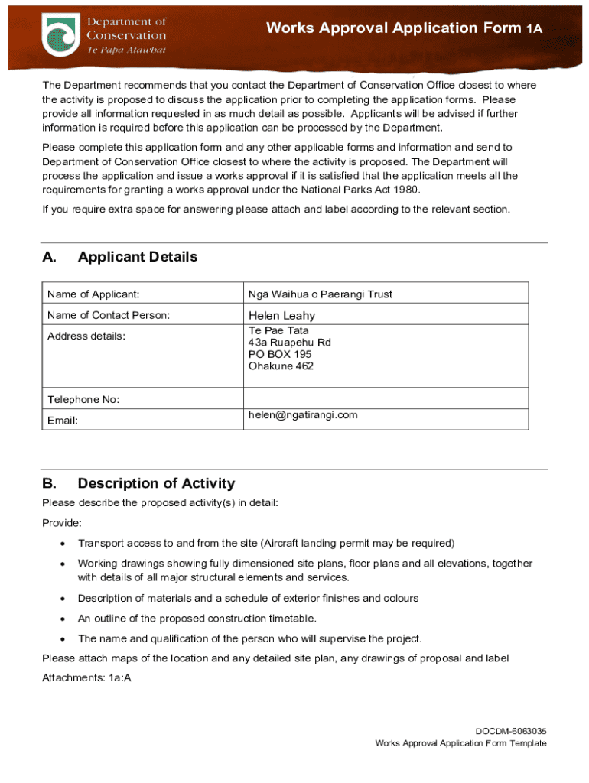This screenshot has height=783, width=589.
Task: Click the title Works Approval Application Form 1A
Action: coord(404,28)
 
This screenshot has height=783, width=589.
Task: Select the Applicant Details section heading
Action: coord(138,257)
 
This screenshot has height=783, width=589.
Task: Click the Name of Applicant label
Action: coord(93,294)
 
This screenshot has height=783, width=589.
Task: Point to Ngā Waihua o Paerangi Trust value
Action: coord(320,294)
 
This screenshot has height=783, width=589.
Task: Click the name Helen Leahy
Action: coord(281,315)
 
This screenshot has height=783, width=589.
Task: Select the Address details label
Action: coord(86,336)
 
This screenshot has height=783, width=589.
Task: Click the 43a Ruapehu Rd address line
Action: coord(290,343)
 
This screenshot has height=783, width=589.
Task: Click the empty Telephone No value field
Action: coord(385,399)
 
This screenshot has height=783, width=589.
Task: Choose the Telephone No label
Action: coord(83,399)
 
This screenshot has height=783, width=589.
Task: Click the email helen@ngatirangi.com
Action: coord(303,415)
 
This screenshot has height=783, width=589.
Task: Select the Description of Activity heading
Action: coord(156,483)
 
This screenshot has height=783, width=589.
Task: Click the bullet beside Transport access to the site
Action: coord(60,544)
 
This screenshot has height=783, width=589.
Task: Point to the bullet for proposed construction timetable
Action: coord(60,619)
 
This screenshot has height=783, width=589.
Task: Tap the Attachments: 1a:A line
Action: coord(86,677)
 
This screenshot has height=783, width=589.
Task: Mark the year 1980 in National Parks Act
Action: coord(404,190)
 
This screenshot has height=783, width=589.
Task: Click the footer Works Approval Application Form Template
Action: coord(460,743)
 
